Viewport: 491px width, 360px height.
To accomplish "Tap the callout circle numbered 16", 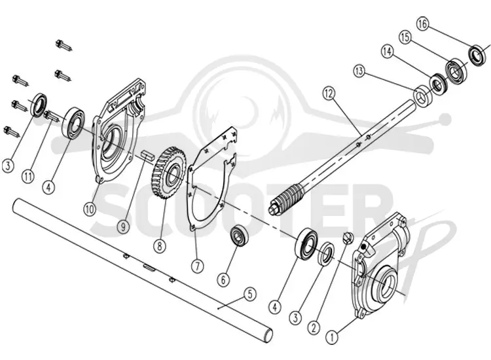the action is coord(422,24).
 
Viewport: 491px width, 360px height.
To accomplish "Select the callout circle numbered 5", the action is coord(249,294).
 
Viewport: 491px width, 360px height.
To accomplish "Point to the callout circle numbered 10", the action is coord(90,209).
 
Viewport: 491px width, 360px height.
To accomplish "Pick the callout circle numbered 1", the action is coord(332,338).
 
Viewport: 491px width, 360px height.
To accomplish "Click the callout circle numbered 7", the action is coord(198,266).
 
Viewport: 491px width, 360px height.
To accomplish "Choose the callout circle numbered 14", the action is coord(388,51).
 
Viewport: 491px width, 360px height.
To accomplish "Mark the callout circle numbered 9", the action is coord(123,226).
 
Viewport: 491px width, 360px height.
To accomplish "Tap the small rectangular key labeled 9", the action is coord(147,156).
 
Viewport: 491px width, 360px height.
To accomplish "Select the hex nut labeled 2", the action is coord(348,238).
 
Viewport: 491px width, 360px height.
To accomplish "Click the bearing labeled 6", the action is coord(240,235).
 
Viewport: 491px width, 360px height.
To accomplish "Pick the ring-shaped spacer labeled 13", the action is coord(424,96).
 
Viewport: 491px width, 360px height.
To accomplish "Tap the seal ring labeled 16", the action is coord(478,56).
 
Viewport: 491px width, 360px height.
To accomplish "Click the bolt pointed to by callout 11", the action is coord(52,116).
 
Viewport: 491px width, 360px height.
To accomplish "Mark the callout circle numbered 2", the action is coord(314,328).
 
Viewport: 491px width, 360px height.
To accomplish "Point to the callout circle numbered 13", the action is coord(359,72).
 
